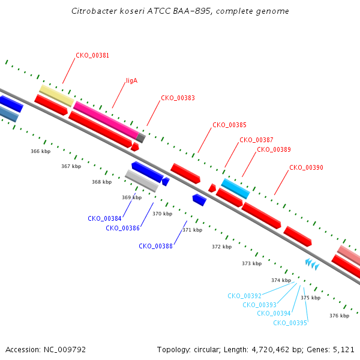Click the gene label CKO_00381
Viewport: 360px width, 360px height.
tap(92, 56)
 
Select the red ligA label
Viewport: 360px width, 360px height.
tap(132, 81)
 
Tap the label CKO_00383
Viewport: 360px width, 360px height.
tap(178, 98)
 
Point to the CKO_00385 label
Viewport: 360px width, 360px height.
tap(229, 125)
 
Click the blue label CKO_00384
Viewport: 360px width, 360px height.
tap(104, 218)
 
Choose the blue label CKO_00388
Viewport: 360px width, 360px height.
tap(155, 246)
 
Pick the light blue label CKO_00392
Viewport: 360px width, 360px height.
tap(245, 296)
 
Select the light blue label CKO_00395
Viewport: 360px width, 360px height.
tap(290, 323)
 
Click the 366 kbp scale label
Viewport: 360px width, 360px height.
tap(41, 151)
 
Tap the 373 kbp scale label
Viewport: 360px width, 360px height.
tap(251, 263)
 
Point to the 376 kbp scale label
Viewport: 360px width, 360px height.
tap(340, 316)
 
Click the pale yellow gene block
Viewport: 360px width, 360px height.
tap(57, 96)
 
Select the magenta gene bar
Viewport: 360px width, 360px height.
tap(106, 120)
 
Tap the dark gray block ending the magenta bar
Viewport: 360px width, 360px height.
tap(141, 138)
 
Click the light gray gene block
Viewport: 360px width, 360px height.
tap(142, 181)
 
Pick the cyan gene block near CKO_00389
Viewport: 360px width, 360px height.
tap(236, 189)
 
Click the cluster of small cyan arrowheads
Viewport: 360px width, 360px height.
tap(312, 264)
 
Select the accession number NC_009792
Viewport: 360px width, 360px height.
tap(65, 350)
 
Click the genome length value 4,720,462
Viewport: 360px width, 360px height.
tap(271, 350)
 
